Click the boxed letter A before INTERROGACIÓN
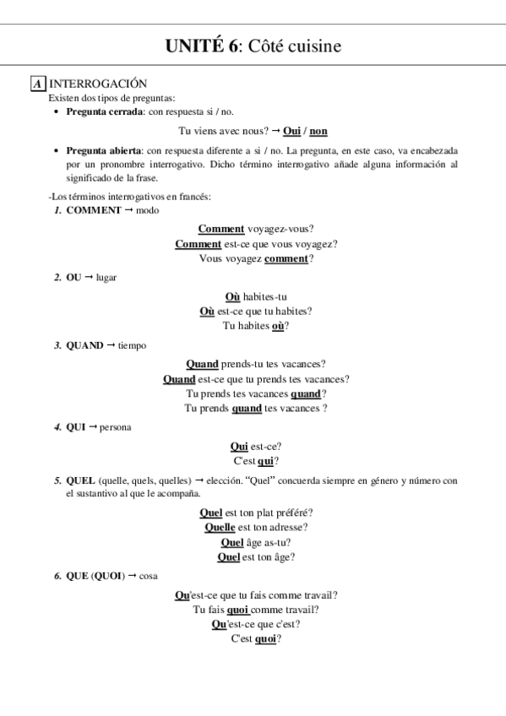37,84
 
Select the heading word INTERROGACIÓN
99,84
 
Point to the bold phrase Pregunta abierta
104,151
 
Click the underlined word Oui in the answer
291,131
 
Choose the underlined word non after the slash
318,131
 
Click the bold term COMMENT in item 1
94,210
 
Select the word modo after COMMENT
147,210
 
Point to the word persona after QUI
115,427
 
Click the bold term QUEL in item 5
80,480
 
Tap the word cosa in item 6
149,576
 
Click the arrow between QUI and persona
92,426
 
